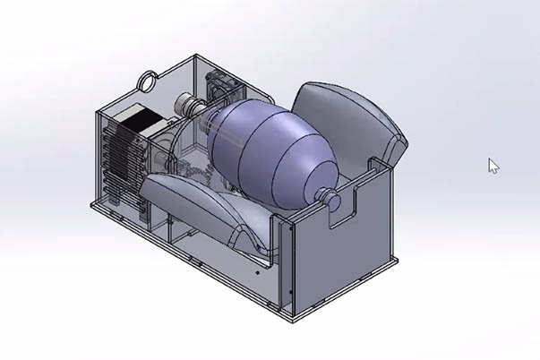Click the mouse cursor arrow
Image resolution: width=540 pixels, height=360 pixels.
[493, 166]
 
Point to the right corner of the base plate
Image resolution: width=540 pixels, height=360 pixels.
[396, 261]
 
